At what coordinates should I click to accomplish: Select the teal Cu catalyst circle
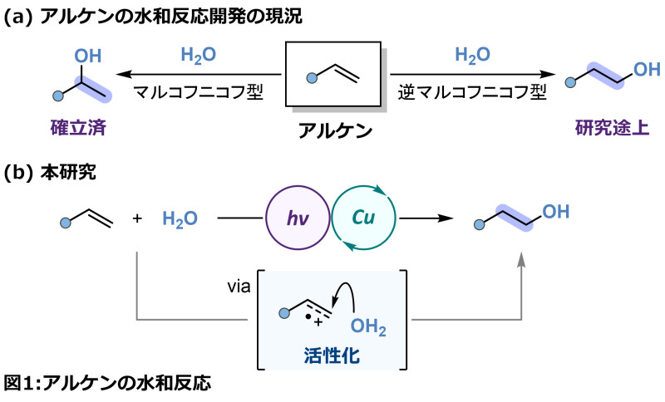coord(360,218)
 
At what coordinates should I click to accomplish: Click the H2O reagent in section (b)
coord(178,218)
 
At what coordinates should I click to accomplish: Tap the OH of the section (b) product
coord(557,211)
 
